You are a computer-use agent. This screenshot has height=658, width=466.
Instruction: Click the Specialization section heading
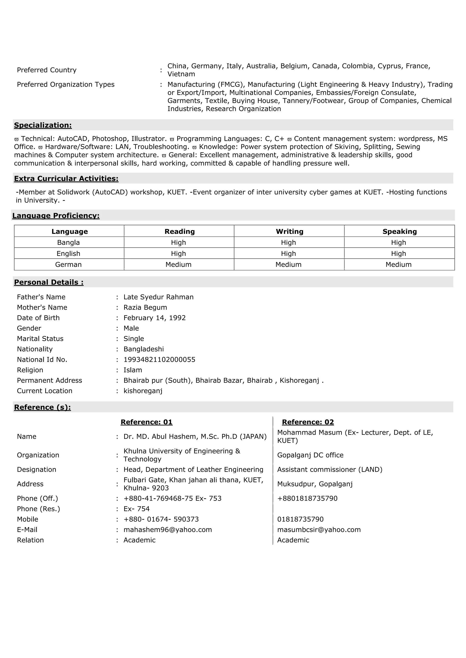point(43,125)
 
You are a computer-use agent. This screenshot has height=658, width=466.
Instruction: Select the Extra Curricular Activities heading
point(66,179)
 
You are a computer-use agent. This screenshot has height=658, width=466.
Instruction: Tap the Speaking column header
point(399,232)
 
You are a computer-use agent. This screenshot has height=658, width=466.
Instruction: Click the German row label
point(68,264)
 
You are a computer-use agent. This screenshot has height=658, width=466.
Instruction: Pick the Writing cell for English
point(288,254)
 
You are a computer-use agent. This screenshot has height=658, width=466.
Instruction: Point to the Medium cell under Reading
point(178,264)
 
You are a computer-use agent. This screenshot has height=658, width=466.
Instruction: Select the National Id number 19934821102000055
point(159,360)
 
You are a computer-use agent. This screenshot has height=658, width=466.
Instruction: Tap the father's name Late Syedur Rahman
point(158,297)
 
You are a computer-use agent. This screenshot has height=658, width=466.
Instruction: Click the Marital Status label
point(40,339)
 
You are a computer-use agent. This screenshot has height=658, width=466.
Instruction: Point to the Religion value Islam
point(133,370)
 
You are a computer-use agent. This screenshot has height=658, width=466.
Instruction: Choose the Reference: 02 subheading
point(308,422)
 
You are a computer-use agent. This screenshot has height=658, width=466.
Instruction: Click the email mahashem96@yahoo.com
point(167,530)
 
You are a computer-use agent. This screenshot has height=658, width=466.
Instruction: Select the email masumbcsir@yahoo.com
point(319,530)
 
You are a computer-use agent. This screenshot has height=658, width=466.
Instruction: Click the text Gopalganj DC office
point(310,455)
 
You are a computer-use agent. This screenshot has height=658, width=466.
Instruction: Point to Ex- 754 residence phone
point(137,509)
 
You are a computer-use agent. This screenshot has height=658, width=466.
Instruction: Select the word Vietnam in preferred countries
point(181,74)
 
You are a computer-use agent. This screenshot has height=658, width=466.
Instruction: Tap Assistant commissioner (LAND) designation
point(330,469)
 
